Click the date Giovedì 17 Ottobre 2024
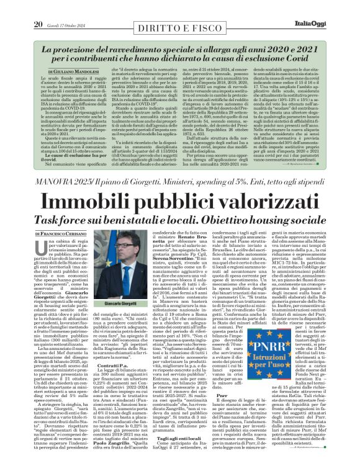point(64,7)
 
